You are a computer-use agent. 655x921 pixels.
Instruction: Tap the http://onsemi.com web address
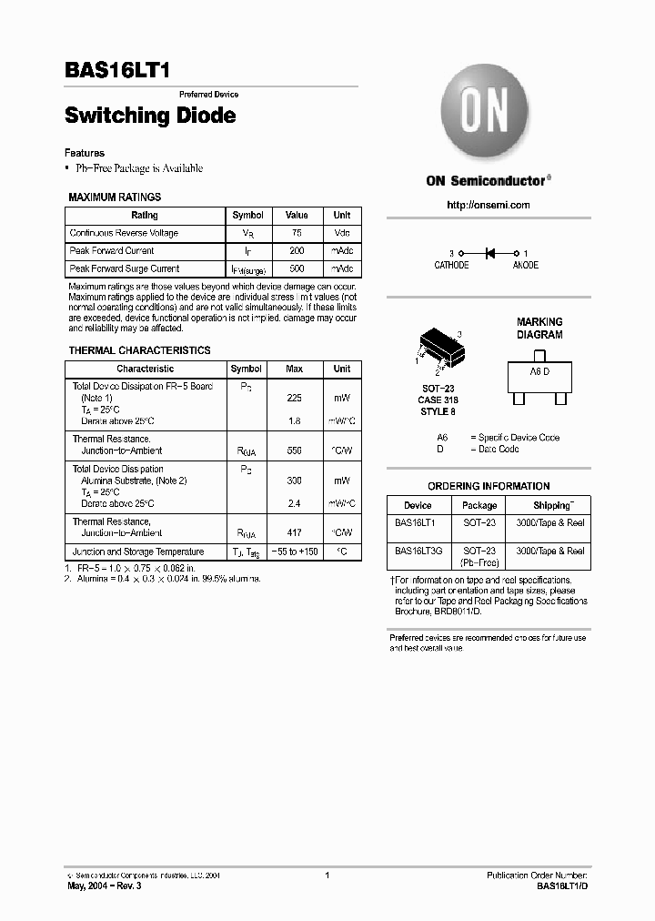coord(489,205)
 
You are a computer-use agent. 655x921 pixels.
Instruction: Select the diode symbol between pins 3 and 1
coord(489,253)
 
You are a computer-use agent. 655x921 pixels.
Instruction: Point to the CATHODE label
coord(451,266)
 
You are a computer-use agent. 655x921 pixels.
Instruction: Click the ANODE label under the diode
coord(525,266)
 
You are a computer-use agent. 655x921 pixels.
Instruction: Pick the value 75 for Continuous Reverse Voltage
coord(297,233)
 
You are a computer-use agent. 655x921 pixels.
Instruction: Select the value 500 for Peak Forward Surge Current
coord(297,269)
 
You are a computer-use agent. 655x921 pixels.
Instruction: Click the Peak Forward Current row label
coord(112,251)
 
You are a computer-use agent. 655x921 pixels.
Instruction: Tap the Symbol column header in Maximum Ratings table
coord(247,216)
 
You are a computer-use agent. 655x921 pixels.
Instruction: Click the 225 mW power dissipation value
coord(295,399)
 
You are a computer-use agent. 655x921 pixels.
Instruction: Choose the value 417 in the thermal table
coord(295,533)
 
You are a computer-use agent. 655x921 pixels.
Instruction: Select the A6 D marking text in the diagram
coord(540,373)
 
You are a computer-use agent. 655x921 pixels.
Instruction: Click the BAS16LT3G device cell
coord(418,551)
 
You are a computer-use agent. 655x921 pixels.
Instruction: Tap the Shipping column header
coord(552,505)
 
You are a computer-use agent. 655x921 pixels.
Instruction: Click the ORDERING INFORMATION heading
coord(489,486)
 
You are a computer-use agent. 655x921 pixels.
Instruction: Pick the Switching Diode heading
coord(150,116)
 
